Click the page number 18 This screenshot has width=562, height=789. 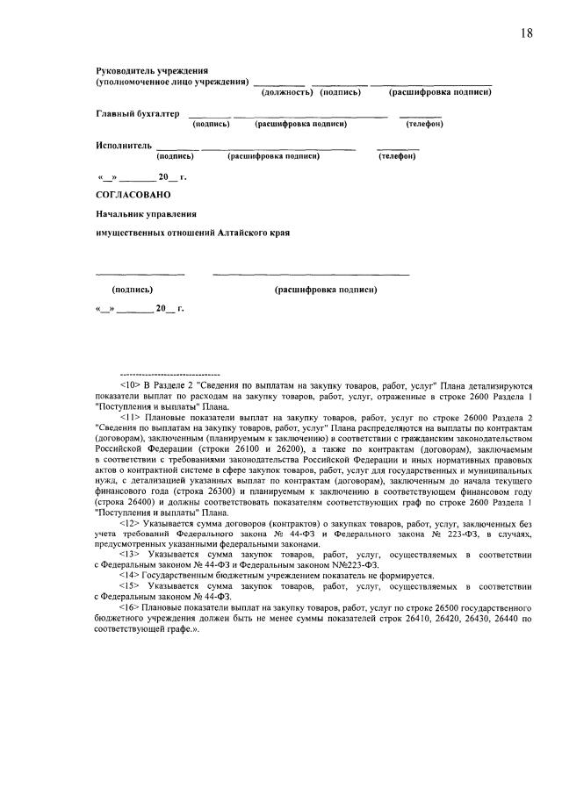[x=526, y=32]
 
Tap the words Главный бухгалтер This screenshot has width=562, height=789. [x=137, y=113]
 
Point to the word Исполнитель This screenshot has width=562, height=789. [x=124, y=145]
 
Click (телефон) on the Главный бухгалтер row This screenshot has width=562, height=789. [x=424, y=124]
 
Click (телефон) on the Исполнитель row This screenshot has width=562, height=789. [x=397, y=155]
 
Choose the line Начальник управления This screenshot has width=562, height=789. [x=146, y=213]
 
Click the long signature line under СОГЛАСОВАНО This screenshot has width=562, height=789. [x=311, y=275]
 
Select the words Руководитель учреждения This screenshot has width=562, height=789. [x=151, y=70]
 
